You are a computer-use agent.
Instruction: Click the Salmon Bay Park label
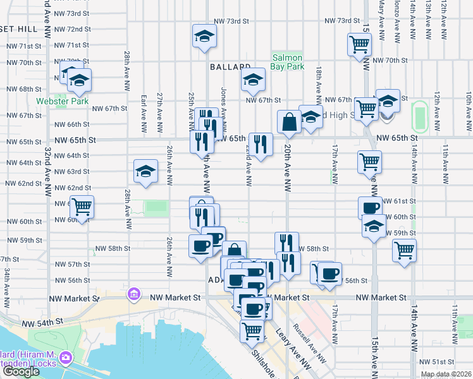click(x=288, y=61)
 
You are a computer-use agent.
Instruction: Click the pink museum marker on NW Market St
click(x=133, y=294)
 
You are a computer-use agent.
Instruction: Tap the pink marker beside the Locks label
click(x=66, y=359)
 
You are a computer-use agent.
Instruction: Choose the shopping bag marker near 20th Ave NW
click(x=289, y=122)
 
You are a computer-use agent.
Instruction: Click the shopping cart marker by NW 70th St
click(x=359, y=45)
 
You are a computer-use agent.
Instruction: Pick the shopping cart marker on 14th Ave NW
click(x=404, y=250)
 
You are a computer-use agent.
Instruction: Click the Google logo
click(x=21, y=371)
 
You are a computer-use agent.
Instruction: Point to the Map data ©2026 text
click(x=446, y=374)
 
